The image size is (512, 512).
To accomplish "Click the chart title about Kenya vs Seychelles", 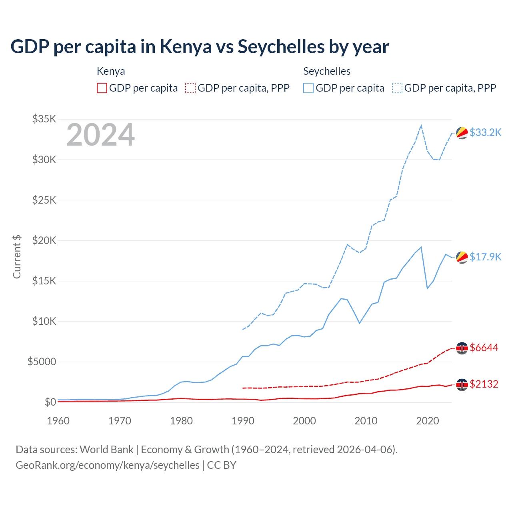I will click(200, 47).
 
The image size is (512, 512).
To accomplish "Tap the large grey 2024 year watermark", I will click(101, 135).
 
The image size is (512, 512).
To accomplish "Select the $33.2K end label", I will click(485, 132).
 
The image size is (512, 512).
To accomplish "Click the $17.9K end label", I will click(485, 257).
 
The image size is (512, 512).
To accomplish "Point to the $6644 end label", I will click(484, 348).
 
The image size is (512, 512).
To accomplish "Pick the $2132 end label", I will click(484, 384).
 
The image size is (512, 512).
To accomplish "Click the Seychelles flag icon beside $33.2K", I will click(462, 133).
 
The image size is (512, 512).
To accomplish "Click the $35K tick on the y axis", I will click(44, 119).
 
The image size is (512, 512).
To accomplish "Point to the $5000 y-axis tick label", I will click(42, 362).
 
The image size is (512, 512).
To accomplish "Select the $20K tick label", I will click(44, 240).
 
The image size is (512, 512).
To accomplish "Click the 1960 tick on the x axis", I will click(58, 421).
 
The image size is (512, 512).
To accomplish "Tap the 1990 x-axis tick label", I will click(243, 421).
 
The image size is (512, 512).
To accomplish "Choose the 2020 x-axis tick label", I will click(428, 421).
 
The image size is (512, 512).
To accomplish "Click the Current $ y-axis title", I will click(17, 257).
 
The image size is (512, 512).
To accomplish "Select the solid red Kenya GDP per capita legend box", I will click(102, 88).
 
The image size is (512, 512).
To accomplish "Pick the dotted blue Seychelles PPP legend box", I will click(397, 88).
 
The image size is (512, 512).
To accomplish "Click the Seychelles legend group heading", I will click(327, 71).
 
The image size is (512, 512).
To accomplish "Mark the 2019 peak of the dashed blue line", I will click(421, 125).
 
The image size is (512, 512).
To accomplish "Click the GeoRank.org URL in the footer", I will click(108, 465).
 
